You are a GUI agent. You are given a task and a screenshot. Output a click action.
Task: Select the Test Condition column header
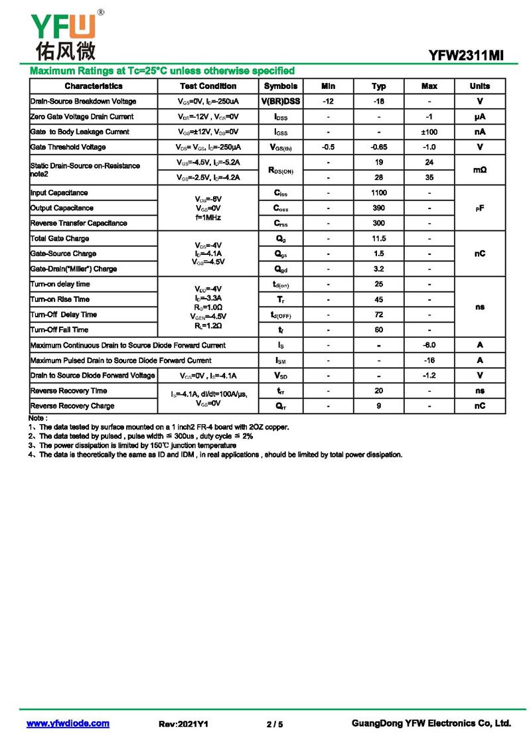(x=208, y=86)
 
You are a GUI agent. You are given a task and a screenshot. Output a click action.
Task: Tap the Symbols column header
(x=281, y=86)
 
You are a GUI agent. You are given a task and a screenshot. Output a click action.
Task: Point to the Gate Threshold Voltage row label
(x=68, y=147)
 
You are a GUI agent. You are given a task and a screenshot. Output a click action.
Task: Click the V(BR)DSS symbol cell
(x=281, y=102)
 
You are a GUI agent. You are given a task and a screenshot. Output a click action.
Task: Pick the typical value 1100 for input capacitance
(x=378, y=193)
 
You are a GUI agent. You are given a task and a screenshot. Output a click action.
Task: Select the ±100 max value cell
(x=429, y=132)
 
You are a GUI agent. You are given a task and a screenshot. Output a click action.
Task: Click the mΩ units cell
(x=480, y=170)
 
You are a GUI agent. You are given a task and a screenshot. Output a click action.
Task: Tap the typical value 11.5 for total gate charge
(x=378, y=239)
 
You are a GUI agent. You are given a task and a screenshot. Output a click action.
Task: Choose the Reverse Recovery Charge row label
(x=72, y=406)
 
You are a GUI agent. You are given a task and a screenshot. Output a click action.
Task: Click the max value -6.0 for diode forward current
(x=429, y=345)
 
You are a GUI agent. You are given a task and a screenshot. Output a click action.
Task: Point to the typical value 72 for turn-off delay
(x=378, y=315)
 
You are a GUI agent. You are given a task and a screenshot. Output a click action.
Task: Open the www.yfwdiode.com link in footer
(x=68, y=723)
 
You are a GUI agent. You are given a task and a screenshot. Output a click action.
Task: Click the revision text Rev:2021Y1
(x=184, y=724)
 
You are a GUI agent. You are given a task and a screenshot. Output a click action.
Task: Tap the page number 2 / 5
(x=275, y=724)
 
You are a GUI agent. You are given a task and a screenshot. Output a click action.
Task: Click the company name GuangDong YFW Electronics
(x=431, y=723)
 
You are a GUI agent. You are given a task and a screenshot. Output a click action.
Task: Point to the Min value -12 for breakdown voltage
(x=328, y=102)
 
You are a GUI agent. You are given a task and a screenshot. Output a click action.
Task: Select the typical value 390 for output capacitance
(x=378, y=208)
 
